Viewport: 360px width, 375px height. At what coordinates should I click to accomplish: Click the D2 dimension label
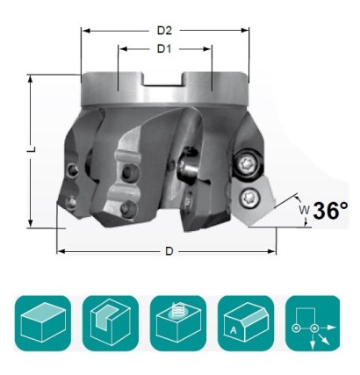[x=165, y=29]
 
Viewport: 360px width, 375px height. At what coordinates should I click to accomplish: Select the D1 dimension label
[x=164, y=48]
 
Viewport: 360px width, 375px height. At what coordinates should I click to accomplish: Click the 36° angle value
[x=330, y=211]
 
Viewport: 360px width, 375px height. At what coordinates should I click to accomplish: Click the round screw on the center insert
[x=187, y=164]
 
